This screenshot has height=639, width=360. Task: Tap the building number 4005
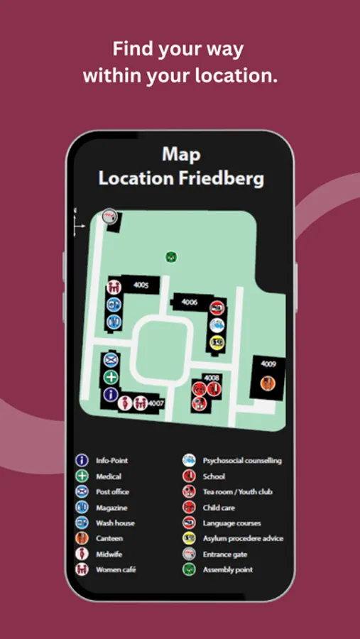pos(141,285)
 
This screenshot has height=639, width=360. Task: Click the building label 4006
pos(189,302)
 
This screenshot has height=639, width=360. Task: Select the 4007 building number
pos(157,403)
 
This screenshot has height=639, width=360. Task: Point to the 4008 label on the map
pos(212,378)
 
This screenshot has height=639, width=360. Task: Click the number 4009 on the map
pos(268,364)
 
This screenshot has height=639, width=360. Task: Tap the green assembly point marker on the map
pos(170,257)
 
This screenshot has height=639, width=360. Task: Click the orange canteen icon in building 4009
pos(267,383)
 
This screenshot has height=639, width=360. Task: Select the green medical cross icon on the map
pos(111,377)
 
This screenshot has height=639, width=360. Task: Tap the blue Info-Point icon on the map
pos(111,394)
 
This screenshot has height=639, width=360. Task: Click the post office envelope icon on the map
pos(111,360)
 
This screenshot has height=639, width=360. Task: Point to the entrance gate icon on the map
pos(109,217)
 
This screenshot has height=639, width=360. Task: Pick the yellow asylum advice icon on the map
pos(217,342)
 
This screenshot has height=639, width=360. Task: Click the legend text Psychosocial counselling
pos(242,461)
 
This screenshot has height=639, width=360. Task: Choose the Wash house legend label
pos(115,523)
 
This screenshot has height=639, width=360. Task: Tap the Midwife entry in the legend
pos(109,554)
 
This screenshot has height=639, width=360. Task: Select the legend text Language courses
pos(231,523)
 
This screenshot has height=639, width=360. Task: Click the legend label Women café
pos(116,569)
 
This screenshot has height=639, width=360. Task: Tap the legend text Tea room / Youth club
pos(237,492)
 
